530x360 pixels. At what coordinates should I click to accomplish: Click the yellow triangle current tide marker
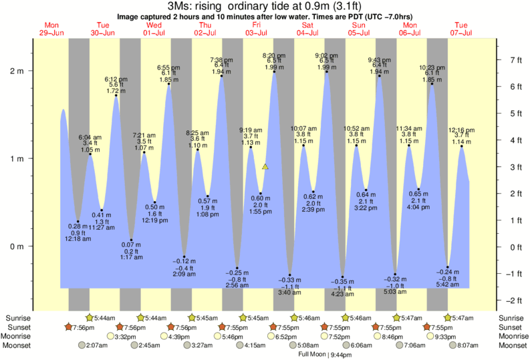[x=265, y=167]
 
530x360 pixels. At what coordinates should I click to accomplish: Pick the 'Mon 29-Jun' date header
[x=52, y=29]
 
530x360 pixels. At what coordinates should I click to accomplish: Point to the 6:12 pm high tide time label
[x=116, y=79]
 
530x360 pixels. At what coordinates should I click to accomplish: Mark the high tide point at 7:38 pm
[x=221, y=76]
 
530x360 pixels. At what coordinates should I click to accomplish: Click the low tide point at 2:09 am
[x=184, y=256]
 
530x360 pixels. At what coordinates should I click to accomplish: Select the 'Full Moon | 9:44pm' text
[x=317, y=354]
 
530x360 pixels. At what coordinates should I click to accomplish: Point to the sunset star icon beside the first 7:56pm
[x=68, y=327]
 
